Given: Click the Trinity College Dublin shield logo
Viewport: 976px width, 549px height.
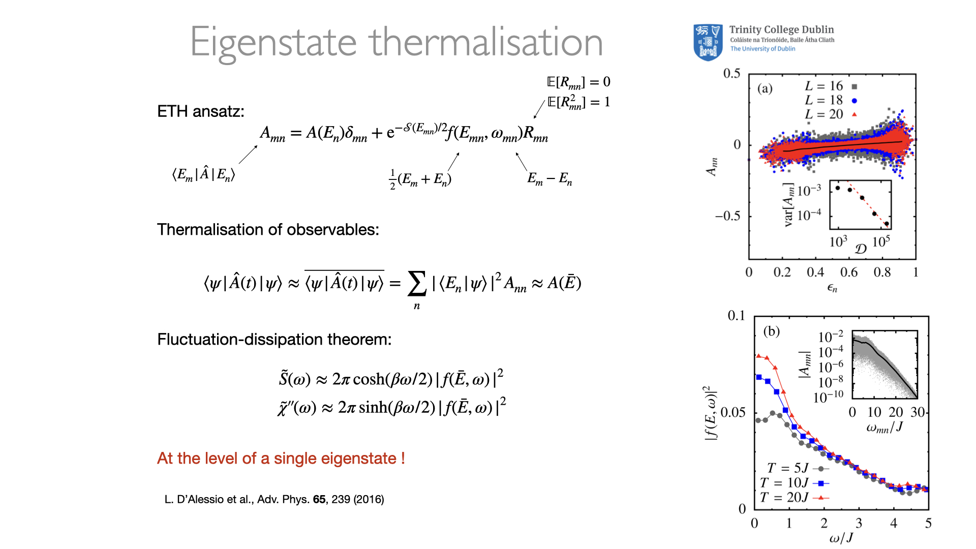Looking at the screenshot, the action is [x=708, y=42].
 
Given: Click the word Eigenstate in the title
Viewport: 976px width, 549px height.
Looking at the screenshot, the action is [x=273, y=43].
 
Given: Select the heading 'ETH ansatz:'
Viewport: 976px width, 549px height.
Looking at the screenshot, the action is [x=201, y=111].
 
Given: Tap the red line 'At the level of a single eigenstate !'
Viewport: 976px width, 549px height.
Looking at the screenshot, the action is [x=281, y=458].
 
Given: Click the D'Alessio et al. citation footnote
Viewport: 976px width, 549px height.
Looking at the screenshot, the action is [x=274, y=499].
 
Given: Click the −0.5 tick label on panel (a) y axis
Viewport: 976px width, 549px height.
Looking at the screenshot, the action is [x=728, y=216].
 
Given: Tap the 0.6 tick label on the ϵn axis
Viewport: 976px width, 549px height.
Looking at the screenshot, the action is [x=849, y=272].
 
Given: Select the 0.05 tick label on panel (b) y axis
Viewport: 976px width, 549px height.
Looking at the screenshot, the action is [x=733, y=412].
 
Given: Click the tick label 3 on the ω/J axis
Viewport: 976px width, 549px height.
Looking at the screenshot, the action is [x=859, y=523].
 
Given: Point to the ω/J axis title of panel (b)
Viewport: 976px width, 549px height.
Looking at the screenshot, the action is [x=841, y=538].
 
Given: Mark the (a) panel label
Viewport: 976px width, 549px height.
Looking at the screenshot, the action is [x=765, y=88].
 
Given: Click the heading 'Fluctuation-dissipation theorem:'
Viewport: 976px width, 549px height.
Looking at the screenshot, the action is [x=274, y=339].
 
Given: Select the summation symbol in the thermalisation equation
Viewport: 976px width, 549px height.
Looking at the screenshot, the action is [x=417, y=284].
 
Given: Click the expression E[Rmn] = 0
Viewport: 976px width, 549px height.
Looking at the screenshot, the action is [x=578, y=82].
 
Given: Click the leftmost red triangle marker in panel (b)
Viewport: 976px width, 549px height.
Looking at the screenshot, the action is [x=758, y=356].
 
